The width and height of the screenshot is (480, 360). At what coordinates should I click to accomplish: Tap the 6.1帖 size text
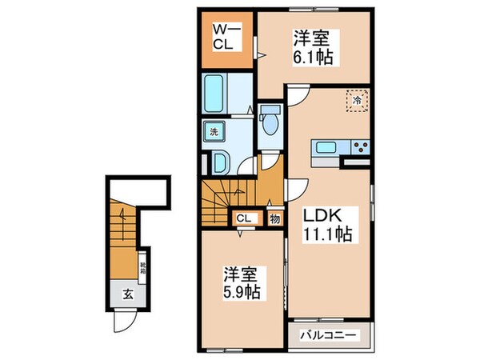[x=313, y=58]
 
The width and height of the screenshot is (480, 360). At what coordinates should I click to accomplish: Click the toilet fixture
[x=270, y=120]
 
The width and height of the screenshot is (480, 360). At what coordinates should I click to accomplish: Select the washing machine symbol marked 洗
[x=214, y=132]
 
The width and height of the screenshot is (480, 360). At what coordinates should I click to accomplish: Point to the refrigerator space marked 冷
[x=357, y=101]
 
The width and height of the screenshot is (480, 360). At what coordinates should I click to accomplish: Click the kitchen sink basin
[x=326, y=147]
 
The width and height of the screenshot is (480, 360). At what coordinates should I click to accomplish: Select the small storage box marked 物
[x=274, y=218]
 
